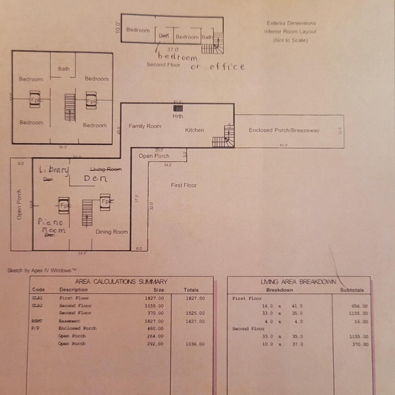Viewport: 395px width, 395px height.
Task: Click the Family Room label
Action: (145, 126)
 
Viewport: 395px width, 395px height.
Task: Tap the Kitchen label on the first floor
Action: (194, 130)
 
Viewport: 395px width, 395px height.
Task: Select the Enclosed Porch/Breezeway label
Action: (284, 130)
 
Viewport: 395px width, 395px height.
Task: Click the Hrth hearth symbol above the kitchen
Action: (178, 108)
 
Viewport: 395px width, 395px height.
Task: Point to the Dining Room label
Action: (112, 232)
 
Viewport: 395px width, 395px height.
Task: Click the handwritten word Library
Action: (54, 170)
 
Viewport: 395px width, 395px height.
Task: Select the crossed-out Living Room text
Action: (106, 169)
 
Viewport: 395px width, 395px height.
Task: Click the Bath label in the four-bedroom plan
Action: (64, 69)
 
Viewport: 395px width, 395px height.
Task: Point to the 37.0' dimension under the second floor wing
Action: (173, 49)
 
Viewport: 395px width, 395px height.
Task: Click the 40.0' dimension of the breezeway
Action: (283, 145)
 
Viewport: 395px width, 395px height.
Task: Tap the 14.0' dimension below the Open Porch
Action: (168, 165)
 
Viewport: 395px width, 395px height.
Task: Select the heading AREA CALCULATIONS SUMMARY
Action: (121, 282)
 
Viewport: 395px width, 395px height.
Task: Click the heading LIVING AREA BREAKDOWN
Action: (298, 282)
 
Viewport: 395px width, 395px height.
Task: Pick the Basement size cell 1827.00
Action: (154, 321)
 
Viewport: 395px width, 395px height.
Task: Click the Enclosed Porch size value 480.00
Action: (155, 328)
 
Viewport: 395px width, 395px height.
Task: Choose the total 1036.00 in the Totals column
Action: (195, 344)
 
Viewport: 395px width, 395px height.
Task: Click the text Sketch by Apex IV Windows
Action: (42, 270)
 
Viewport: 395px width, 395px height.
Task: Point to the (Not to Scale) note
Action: (290, 40)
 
